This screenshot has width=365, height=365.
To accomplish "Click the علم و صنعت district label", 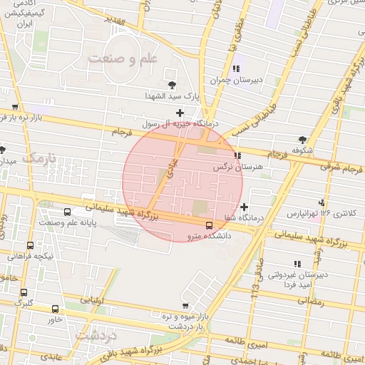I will (x=123, y=59).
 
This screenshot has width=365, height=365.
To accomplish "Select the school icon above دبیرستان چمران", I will (x=235, y=69).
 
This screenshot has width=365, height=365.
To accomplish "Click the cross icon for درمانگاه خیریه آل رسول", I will (x=180, y=113).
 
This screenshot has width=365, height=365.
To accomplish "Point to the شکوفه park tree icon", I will (x=303, y=139).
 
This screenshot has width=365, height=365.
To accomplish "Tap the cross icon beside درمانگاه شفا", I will (x=245, y=207).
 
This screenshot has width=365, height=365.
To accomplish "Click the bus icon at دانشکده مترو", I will (x=208, y=226).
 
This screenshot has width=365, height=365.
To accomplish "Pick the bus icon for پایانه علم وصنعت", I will (x=67, y=212).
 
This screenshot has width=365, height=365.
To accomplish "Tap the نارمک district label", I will (x=38, y=157).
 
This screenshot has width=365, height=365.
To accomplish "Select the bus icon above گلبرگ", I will (x=24, y=292).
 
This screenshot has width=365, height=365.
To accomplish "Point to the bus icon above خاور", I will (x=56, y=309).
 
